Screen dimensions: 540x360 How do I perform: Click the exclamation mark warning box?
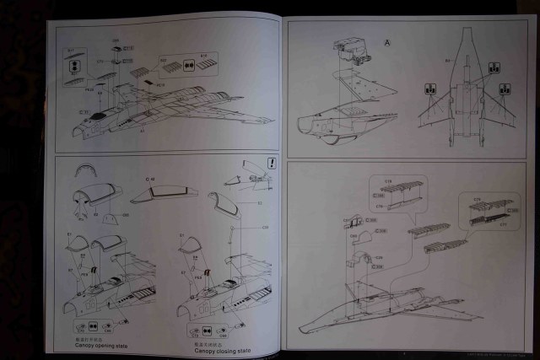point(271,164)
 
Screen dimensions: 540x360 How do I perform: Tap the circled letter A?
point(388,42)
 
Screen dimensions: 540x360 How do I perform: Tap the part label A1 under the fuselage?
point(143,132)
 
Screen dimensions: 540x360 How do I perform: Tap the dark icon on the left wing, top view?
point(429,88)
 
